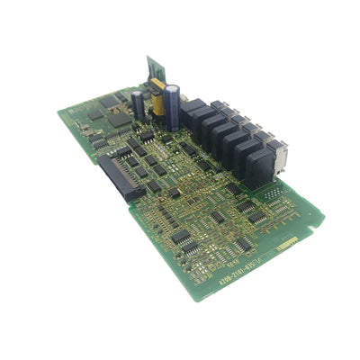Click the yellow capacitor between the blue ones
click(159, 101)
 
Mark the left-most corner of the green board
click(58, 112)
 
